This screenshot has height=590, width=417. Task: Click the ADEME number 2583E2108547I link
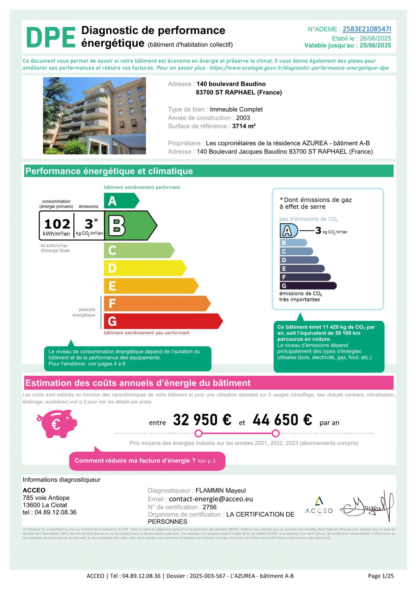coord(367,29)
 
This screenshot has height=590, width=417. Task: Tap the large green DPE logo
coord(51,37)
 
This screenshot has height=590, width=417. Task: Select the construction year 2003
coord(243,118)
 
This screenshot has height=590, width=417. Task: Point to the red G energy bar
coord(163,321)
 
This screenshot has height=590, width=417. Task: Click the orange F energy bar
coord(157,303)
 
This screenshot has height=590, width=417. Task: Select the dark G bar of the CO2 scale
coord(308,286)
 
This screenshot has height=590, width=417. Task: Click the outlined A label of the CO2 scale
coord(287,231)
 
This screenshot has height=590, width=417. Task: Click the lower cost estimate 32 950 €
coord(202,420)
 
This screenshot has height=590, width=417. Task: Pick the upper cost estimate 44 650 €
coord(282,420)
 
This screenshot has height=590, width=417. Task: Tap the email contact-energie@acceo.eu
coord(211,499)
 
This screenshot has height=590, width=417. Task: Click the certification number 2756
coord(209,507)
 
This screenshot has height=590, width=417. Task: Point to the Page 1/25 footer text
coord(381,576)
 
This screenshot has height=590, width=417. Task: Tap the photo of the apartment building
coord(94,116)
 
